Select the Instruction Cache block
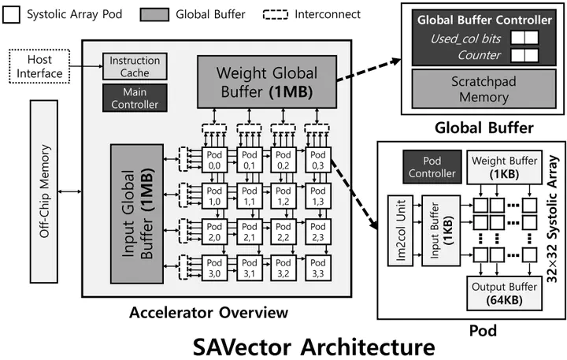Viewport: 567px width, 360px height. [x=134, y=67]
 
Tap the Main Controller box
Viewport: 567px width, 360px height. [x=134, y=98]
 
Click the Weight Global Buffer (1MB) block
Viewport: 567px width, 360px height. [x=268, y=83]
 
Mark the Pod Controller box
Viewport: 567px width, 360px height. [x=430, y=166]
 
